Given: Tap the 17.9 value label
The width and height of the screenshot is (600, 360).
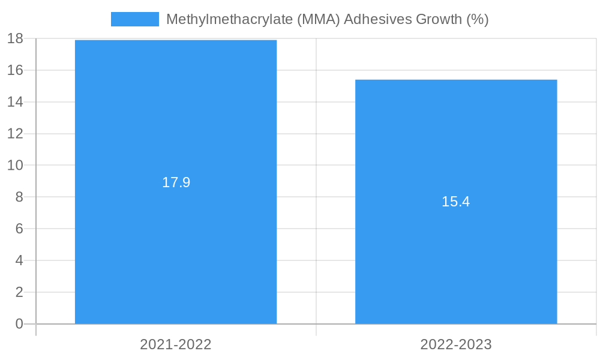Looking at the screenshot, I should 176,182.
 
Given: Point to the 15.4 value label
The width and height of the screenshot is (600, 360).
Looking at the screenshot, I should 456,202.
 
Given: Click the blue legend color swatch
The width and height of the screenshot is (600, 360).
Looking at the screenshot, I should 135,19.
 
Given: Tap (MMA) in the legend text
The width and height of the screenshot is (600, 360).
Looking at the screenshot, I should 318,19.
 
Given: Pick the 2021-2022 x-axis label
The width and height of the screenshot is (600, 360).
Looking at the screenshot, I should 176,344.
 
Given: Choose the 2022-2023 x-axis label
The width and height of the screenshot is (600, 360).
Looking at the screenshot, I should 456,344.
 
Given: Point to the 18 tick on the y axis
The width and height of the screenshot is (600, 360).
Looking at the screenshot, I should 15,38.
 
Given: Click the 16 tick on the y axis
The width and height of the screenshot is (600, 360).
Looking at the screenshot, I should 15,70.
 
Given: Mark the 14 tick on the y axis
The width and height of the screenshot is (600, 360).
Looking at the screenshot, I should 15,102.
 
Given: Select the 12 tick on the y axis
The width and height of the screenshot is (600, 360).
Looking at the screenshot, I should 15,134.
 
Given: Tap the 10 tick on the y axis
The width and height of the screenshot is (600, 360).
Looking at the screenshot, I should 15,165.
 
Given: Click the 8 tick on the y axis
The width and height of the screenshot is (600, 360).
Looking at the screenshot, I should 19,197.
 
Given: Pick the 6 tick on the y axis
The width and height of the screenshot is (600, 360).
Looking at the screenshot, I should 19,229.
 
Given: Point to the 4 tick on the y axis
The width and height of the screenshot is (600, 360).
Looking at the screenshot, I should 19,260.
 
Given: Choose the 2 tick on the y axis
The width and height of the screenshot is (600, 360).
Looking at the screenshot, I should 19,292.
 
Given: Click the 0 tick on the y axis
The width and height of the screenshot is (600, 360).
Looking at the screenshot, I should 19,324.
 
